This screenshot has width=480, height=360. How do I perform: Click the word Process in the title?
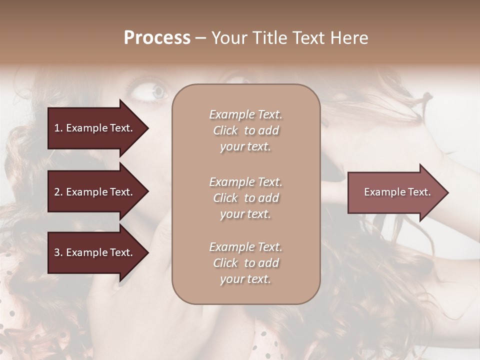coord(157,38)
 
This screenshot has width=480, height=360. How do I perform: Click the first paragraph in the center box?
coord(245,130)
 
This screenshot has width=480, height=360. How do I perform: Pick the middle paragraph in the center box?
coord(245,198)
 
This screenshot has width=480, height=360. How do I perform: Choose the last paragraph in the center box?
coord(245,263)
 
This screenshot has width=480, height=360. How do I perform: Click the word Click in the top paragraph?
coord(225,130)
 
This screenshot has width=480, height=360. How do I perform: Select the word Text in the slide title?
coord(307,38)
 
